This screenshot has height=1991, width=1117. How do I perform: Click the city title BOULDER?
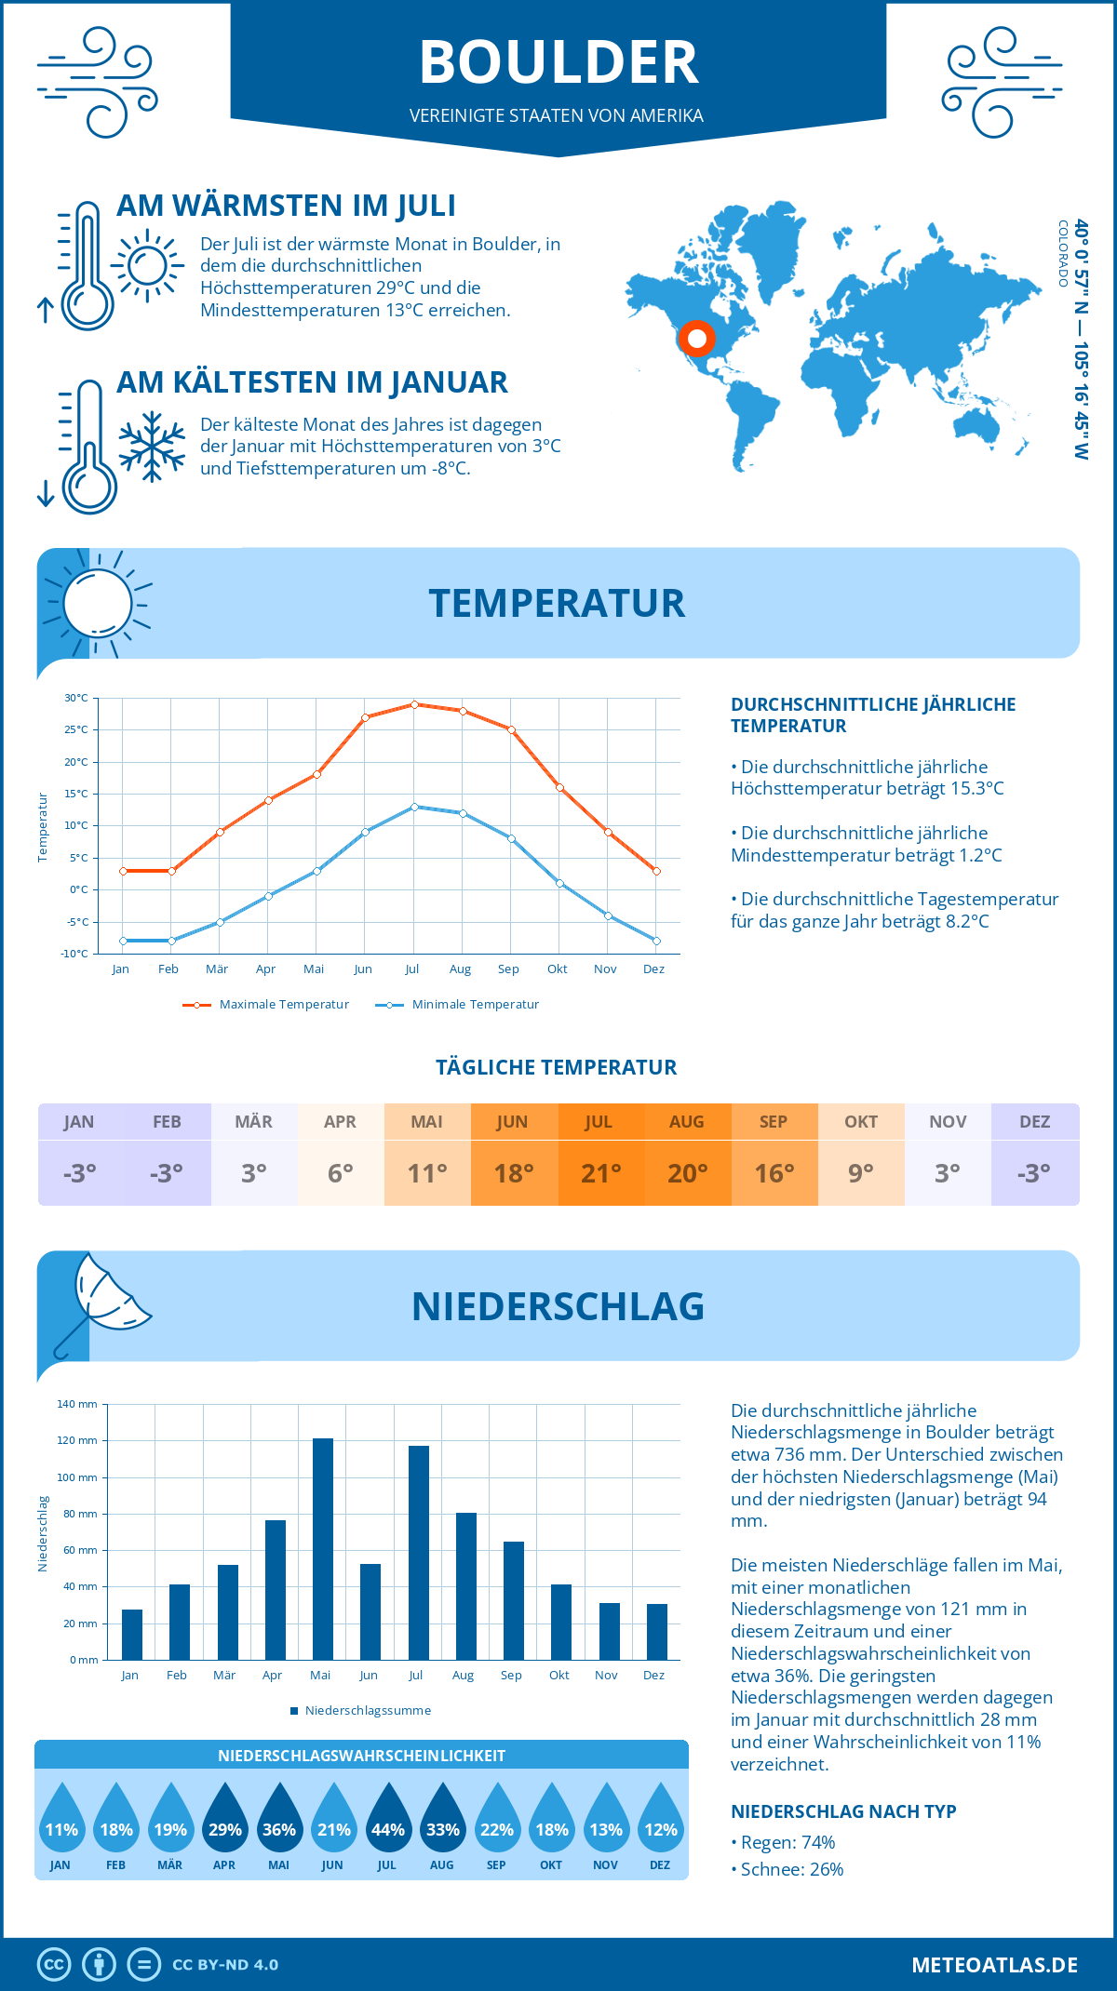coord(558,63)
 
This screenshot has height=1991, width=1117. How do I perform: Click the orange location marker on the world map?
coord(696,339)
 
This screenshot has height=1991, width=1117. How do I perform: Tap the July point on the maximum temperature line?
coord(414,704)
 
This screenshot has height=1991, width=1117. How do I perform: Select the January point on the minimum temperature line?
coord(123,941)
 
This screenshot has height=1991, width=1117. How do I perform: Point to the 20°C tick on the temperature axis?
coord(76,762)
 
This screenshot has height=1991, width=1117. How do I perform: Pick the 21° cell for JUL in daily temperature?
coord(600,1173)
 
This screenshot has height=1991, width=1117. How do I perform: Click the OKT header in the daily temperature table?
coord(861,1122)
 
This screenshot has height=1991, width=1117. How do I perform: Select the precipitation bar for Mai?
coord(323,1549)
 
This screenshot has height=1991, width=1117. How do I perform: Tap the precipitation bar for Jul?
coord(419,1553)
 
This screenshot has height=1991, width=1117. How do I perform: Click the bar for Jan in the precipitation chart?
coord(132,1635)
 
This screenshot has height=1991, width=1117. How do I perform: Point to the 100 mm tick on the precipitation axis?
coord(77,1477)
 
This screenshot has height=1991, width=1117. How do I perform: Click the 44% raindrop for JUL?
coord(388,1820)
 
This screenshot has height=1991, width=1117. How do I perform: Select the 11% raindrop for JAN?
coord(61,1820)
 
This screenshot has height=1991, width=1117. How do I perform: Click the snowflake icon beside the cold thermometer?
coord(152,447)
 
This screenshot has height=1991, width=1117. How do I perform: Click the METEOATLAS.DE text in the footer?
coord(994,1965)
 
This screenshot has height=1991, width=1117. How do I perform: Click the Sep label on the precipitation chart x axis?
coord(511,1675)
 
